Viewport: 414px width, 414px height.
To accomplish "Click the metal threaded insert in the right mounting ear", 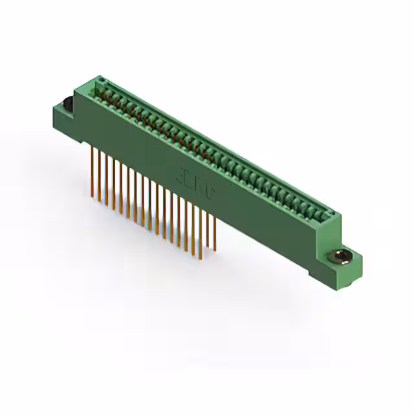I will [x=341, y=257].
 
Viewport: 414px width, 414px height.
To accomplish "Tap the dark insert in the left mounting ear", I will [x=65, y=103].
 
